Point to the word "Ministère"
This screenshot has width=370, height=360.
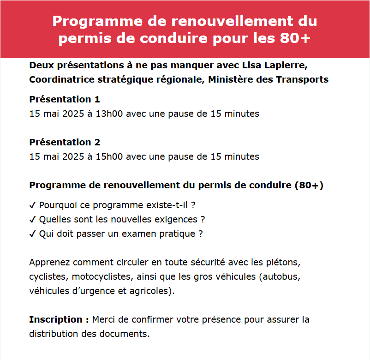coord(230,79)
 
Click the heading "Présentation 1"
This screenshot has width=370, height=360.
coord(65,99)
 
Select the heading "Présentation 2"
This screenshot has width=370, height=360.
coord(65,142)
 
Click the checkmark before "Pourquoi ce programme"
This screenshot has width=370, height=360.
coord(33,205)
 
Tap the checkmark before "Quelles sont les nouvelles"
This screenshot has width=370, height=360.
coord(33,219)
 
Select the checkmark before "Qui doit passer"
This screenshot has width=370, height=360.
coord(33,234)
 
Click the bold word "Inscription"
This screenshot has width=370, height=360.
coord(55,319)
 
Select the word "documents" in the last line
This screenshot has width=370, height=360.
coord(128,334)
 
